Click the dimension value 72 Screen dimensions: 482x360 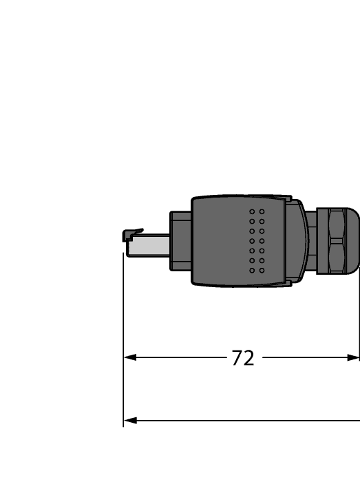(x=242, y=358)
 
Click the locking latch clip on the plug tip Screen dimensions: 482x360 (x=132, y=235)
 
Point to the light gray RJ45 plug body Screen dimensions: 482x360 (x=151, y=244)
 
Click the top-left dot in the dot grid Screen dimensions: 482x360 (x=252, y=211)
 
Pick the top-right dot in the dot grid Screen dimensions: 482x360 (x=262, y=211)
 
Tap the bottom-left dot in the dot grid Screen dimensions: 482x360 (x=252, y=270)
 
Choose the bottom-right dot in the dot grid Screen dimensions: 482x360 (x=262, y=270)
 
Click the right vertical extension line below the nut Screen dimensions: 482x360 (x=359, y=310)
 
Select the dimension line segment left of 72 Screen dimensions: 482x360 (x=179, y=357)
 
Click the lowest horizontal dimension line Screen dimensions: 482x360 (x=241, y=420)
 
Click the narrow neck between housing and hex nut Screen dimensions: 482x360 (x=311, y=241)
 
